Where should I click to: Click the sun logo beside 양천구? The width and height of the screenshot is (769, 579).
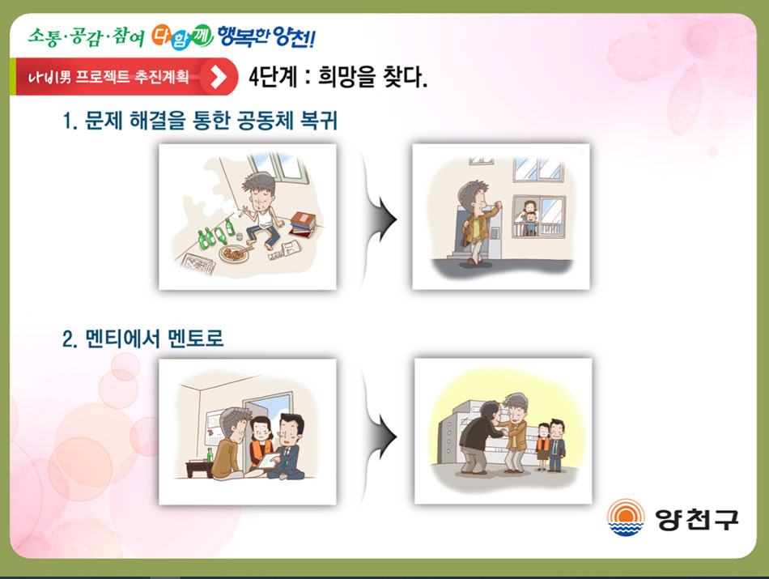click(625, 517)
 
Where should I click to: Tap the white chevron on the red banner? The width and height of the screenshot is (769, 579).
click(219, 77)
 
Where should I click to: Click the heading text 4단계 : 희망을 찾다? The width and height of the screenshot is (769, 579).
click(338, 77)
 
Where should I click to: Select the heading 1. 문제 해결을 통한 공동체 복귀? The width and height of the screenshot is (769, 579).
click(200, 120)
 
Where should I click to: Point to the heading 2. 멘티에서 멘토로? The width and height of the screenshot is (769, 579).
click(142, 338)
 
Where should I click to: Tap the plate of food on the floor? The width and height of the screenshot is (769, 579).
click(235, 253)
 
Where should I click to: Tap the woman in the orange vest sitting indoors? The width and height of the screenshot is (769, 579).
click(261, 445)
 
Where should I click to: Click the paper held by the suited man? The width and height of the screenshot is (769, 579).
click(270, 460)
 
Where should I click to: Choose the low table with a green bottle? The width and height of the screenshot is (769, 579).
click(199, 466)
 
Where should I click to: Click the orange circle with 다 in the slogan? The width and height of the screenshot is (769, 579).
click(161, 36)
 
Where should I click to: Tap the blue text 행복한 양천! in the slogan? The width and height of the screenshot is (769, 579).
click(266, 36)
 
